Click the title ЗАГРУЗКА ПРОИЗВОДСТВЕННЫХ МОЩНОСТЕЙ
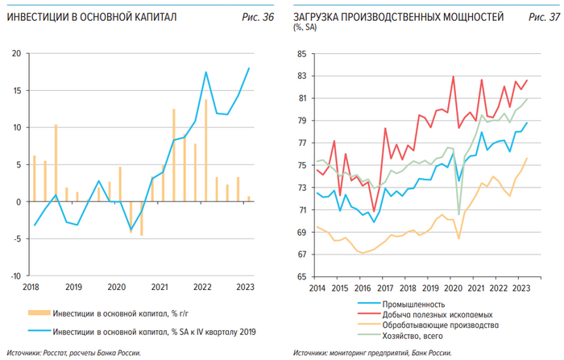(x=399, y=16)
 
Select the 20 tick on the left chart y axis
(x=16, y=54)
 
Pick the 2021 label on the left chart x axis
(x=159, y=287)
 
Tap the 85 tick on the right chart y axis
(x=302, y=54)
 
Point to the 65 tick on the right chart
(x=302, y=276)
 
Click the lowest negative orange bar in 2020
(x=142, y=218)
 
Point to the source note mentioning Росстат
(x=75, y=353)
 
